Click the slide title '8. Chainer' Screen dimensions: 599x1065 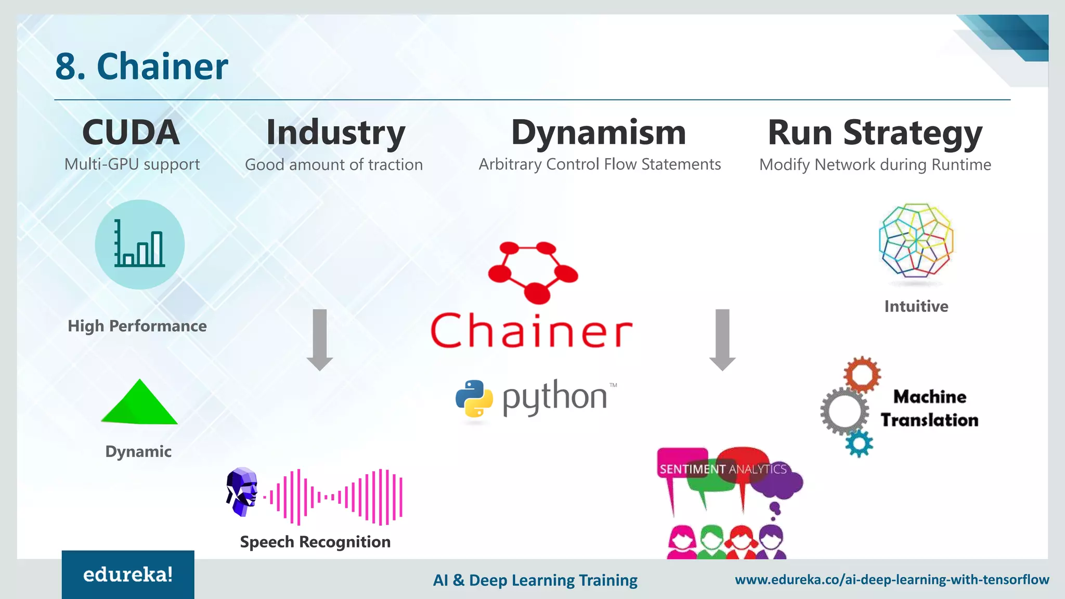point(141,67)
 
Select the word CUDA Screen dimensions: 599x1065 point(131,132)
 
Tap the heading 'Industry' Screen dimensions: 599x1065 point(335,133)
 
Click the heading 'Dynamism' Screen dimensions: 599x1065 point(599,133)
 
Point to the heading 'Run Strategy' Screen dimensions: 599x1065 point(875,133)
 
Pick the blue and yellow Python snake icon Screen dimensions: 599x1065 point(474,399)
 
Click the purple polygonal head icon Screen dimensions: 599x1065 point(242,491)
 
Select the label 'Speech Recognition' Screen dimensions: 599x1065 point(315,542)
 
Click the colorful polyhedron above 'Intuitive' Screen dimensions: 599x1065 point(916,240)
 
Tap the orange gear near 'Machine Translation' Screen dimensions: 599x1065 point(862,374)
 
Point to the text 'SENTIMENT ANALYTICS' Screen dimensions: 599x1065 point(723,469)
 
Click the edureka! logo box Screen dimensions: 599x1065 point(128,575)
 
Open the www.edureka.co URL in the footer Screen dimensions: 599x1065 point(892,579)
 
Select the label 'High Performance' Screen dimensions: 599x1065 point(137,326)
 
